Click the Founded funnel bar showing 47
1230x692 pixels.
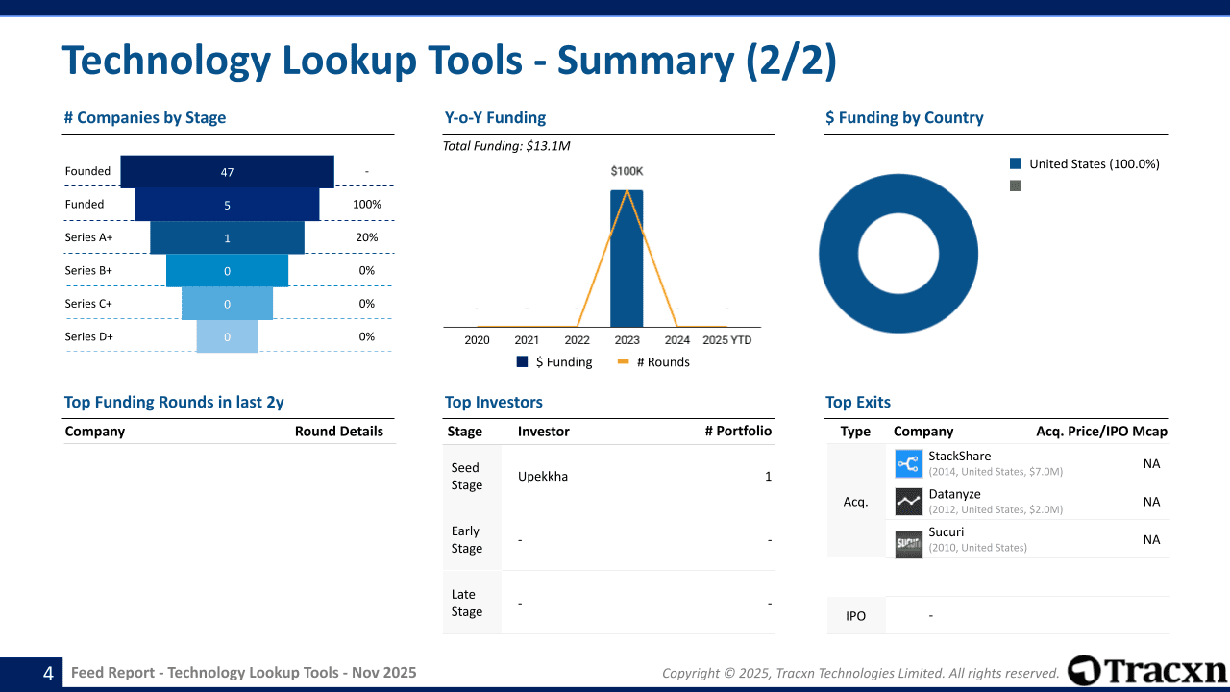[x=227, y=172]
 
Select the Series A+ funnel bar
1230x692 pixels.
[x=227, y=237]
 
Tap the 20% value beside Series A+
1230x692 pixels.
[x=366, y=237]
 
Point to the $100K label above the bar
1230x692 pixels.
[x=627, y=171]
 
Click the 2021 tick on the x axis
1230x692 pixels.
[x=527, y=340]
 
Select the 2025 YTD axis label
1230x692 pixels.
[x=726, y=340]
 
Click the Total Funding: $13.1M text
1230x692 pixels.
[x=506, y=146]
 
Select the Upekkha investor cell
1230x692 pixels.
[x=543, y=477]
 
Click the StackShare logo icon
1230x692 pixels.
[x=908, y=464]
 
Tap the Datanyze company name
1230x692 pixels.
[x=954, y=494]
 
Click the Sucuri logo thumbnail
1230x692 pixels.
[x=908, y=544]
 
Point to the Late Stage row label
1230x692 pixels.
[x=467, y=603]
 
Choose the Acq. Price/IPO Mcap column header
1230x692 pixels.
[x=1101, y=432]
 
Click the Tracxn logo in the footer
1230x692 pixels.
[x=1147, y=671]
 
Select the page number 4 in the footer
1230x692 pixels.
[x=48, y=674]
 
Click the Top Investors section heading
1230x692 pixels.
[x=494, y=403]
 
